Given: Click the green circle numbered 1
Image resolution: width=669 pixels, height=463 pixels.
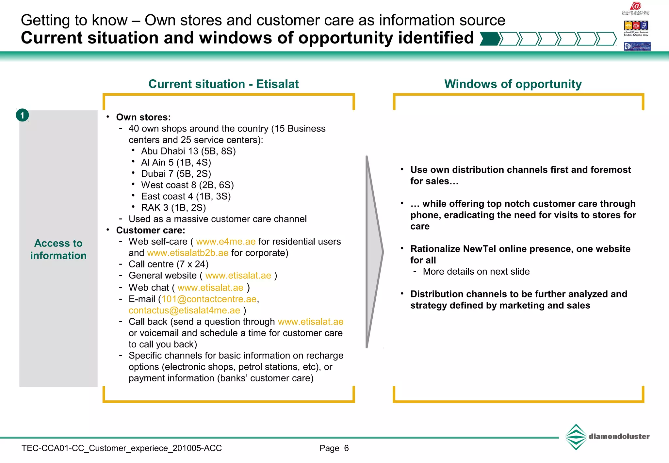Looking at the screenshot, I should (22, 115).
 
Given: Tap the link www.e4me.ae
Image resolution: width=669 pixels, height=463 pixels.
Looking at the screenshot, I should (226, 242).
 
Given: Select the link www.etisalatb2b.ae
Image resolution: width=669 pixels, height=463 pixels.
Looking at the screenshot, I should (188, 253).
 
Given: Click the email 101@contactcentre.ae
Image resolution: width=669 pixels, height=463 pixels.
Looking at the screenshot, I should (209, 299).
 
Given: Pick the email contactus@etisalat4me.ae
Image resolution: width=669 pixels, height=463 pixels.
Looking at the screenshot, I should (184, 311).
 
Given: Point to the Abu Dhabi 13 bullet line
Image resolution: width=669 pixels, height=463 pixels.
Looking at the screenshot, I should (188, 151).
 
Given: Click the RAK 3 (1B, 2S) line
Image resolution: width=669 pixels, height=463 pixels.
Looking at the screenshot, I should (173, 208).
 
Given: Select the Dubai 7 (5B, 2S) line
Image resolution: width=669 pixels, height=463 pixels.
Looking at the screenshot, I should (176, 174).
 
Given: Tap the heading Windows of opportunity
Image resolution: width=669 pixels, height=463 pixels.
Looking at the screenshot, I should (513, 84).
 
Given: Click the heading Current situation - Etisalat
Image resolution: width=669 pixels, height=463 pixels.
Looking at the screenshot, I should (223, 84).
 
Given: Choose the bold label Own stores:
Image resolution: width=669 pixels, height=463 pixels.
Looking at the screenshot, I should (143, 117).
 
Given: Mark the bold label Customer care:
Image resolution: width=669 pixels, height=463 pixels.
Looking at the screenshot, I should (151, 231).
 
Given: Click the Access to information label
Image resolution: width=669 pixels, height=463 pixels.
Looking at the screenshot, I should (58, 249).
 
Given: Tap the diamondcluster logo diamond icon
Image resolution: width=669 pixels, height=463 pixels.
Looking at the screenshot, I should (576, 437).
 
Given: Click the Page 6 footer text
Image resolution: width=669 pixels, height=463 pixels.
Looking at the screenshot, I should (334, 448).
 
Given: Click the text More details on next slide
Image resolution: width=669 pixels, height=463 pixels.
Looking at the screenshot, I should (476, 272).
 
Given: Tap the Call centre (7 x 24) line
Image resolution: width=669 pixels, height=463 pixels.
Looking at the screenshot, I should (169, 264).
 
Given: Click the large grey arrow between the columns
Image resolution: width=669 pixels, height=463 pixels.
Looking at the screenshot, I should (374, 251).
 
